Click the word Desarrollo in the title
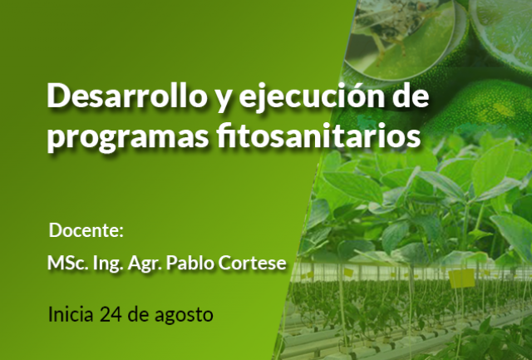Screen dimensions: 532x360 (127, 96)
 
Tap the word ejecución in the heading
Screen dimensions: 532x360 (313, 96)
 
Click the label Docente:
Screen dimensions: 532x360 (86, 230)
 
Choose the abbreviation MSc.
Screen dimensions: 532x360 (68, 263)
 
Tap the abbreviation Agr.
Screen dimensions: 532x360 (144, 264)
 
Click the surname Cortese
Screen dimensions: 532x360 (252, 263)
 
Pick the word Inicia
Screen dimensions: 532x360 (71, 313)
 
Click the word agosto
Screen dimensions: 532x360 (184, 315)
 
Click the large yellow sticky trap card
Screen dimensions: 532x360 (462, 279)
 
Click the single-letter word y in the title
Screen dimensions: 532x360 (223, 99)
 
